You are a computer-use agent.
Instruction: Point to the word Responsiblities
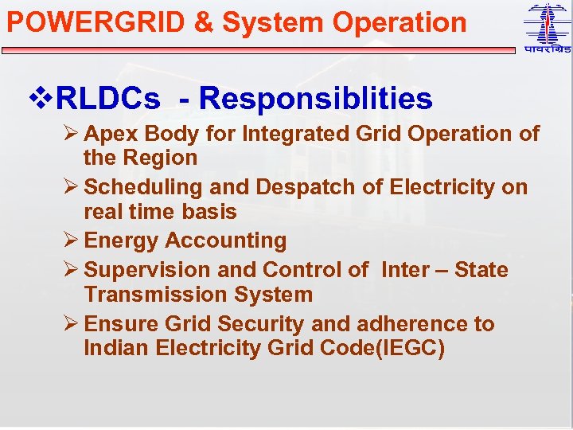click(x=316, y=99)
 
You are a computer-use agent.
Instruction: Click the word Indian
click(x=118, y=349)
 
